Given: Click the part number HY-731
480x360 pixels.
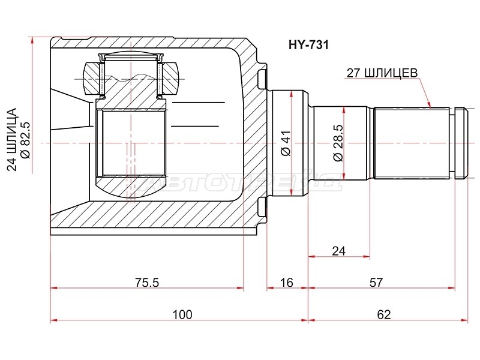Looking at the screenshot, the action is [308, 45].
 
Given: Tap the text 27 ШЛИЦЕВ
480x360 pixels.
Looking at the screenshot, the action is [382, 73].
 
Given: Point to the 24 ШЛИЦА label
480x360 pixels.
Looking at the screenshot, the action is [12, 139].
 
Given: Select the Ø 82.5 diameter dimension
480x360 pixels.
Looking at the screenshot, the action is [26, 140].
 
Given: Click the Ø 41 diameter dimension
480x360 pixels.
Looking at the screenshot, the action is [286, 143].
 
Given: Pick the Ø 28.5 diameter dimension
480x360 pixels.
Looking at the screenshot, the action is [338, 143].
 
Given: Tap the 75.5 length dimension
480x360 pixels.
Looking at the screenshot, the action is [147, 282].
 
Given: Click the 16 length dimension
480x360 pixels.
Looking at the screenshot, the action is [287, 282].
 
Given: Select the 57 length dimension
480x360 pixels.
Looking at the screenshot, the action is [376, 282].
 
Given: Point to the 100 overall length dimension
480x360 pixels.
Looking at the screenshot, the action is [182, 314].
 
